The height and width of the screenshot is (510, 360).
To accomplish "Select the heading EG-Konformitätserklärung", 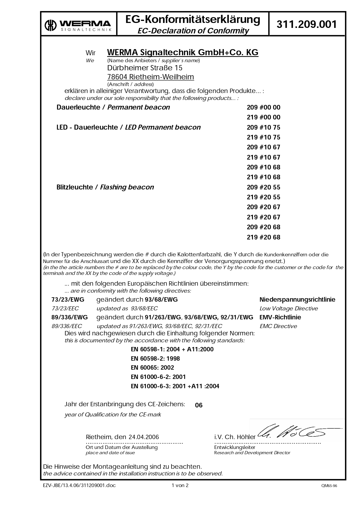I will [193, 19].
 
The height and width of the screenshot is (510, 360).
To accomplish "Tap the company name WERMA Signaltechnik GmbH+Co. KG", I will [183, 52].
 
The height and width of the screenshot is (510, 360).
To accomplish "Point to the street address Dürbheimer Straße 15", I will [145, 68].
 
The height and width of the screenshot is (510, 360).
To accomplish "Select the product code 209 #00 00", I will [263, 108].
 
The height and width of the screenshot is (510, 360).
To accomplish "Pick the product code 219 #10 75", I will [263, 137].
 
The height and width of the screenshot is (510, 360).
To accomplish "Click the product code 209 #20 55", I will [263, 187].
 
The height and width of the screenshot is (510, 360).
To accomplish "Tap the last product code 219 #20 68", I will [263, 237].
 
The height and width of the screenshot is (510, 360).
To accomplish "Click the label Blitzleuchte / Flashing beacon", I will [105, 187].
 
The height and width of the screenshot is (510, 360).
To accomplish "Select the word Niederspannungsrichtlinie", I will [297, 300].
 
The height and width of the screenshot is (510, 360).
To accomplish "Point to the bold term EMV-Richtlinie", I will [280, 317].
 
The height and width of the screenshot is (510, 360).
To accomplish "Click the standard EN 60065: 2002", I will [152, 368].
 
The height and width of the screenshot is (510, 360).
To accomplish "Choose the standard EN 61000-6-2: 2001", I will [158, 377].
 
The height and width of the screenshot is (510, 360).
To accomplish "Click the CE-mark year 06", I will [199, 405].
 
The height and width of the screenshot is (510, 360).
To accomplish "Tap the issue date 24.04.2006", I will [144, 437].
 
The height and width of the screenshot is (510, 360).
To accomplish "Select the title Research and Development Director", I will [252, 453].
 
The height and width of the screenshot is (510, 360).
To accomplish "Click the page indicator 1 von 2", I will [180, 485].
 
